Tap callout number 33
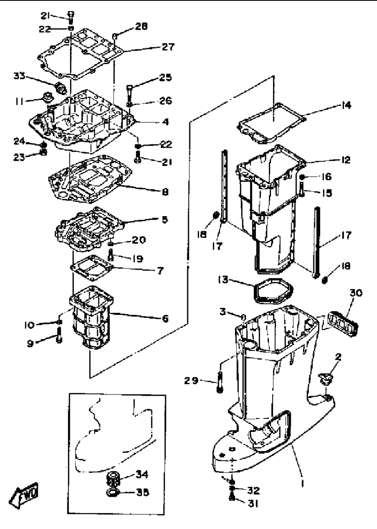pos(19,76)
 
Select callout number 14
pos(346,105)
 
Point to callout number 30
pos(356,293)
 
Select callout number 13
pos(223,280)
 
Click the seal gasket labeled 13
pos(274,291)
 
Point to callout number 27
pos(168,46)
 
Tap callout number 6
pos(165,318)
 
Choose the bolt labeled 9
pos(59,335)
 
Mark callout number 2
pos(338,357)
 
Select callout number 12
pos(346,160)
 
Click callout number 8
pos(165,192)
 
